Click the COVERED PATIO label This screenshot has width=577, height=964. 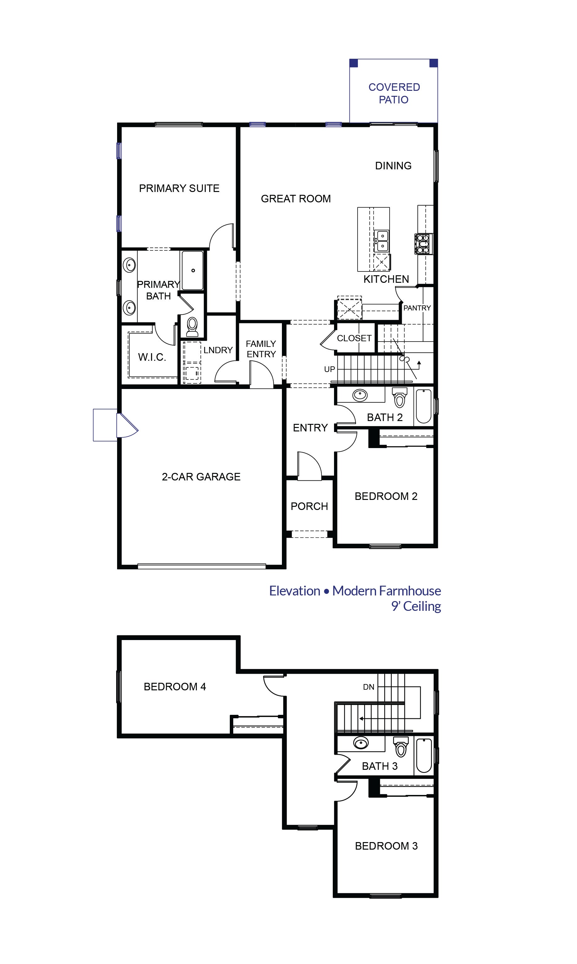click(x=394, y=93)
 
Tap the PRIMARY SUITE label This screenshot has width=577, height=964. click(x=179, y=188)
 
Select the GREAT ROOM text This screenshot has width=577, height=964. click(x=296, y=199)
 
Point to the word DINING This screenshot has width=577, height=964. click(x=393, y=166)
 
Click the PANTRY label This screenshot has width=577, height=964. click(x=417, y=308)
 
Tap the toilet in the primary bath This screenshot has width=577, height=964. click(x=192, y=326)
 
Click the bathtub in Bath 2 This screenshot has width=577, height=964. click(x=423, y=406)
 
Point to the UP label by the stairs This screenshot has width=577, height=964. click(x=329, y=369)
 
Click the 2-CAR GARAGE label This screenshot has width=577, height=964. click(x=201, y=477)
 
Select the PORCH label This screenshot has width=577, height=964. click(x=309, y=506)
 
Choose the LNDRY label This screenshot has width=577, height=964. click(x=218, y=350)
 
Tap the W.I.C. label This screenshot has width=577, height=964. click(x=152, y=357)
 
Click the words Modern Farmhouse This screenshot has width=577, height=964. click(x=386, y=591)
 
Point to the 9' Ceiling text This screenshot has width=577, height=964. click(x=416, y=606)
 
